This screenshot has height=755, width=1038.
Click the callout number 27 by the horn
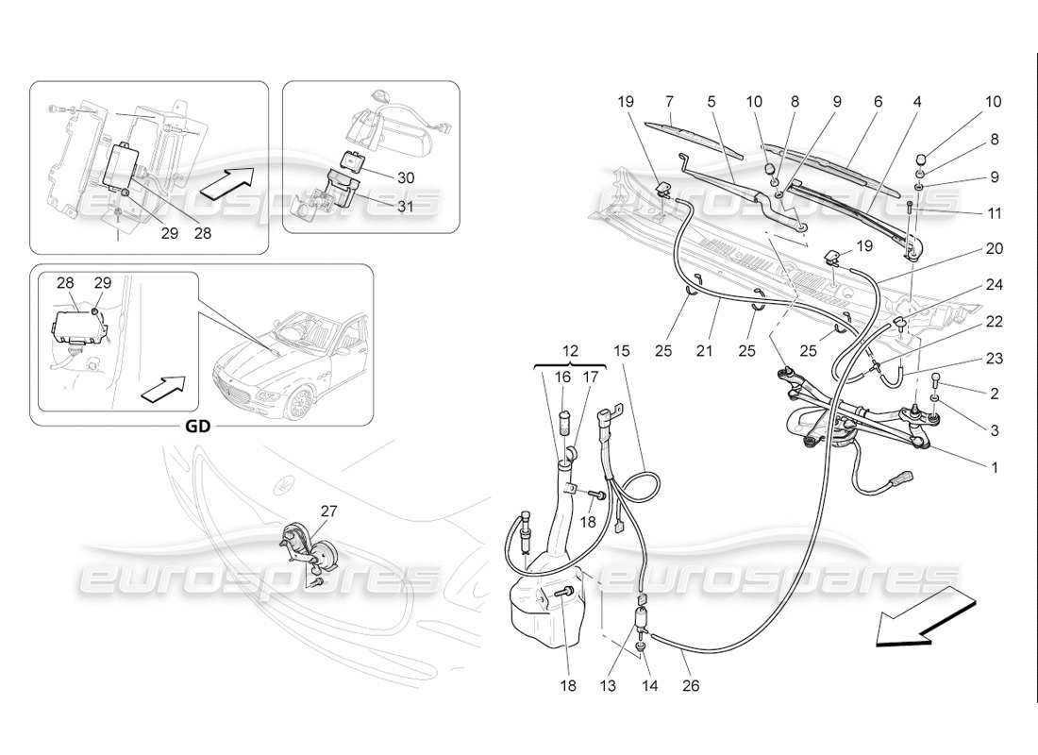(329, 511)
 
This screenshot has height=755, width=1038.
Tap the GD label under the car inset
(197, 425)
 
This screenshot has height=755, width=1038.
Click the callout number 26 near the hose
(692, 686)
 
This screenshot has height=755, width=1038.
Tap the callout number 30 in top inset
(405, 178)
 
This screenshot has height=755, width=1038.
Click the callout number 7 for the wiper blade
(669, 101)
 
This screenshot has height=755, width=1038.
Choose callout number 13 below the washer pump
(608, 686)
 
